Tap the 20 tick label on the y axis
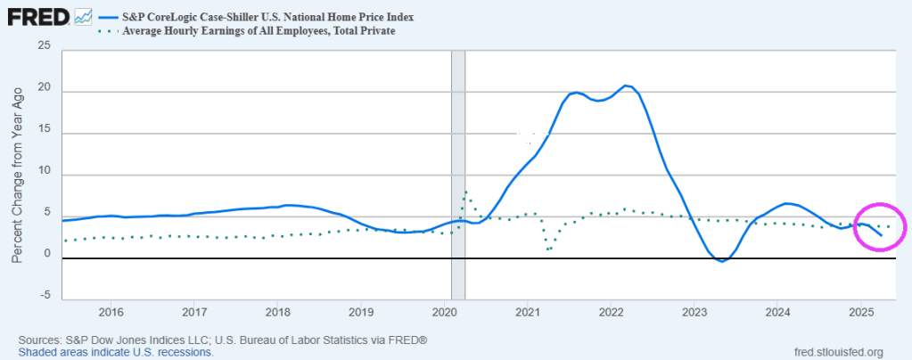[x=45, y=90]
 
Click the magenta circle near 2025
[x=879, y=226]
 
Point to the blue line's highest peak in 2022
[x=627, y=86]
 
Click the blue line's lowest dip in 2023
[x=722, y=261]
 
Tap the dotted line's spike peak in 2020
[x=466, y=192]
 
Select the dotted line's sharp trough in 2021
[x=548, y=250]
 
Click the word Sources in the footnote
[x=40, y=340]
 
